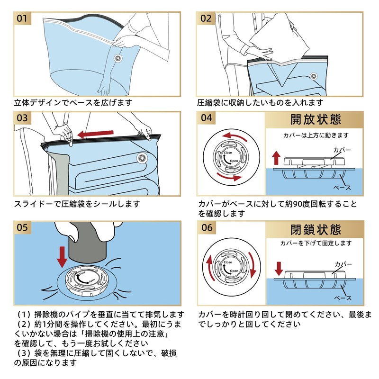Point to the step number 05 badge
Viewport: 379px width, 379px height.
(23, 227)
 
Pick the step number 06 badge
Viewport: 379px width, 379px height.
(206, 227)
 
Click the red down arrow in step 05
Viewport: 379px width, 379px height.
(62, 256)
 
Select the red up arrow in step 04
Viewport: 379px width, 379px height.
(277, 158)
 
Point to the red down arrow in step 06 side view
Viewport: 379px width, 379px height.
(279, 268)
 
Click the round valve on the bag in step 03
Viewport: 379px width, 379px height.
(141, 157)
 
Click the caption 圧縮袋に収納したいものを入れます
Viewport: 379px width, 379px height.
(260, 102)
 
